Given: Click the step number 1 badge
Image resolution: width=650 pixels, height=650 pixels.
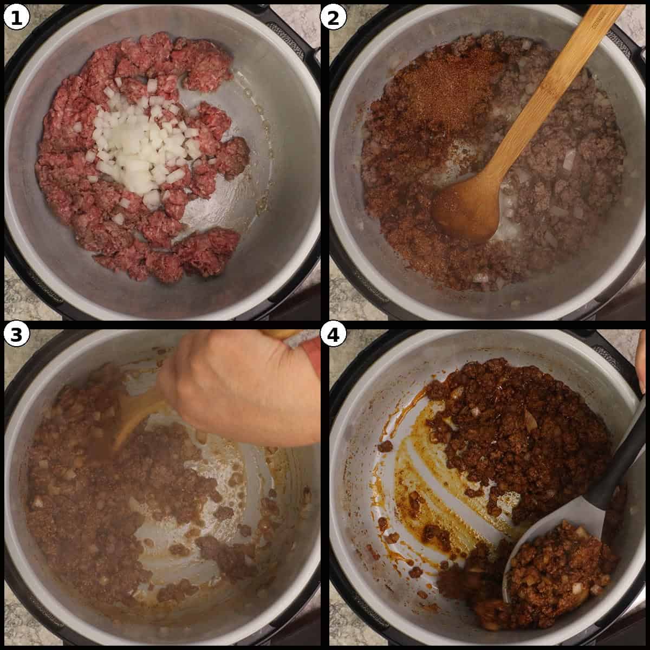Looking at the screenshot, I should pyautogui.click(x=16, y=17).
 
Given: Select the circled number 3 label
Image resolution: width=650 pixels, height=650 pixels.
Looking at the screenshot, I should pyautogui.click(x=16, y=335).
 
